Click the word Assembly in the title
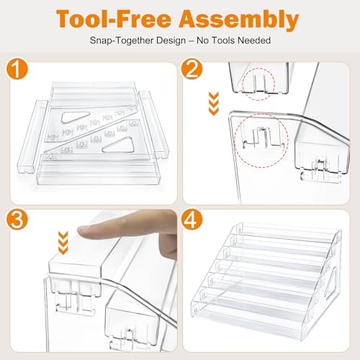[239, 19]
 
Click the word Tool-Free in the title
[114, 19]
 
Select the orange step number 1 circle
[17, 69]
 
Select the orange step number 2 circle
[192, 69]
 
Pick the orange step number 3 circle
[17, 220]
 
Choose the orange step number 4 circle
[192, 220]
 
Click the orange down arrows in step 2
[214, 104]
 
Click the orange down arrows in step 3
[63, 243]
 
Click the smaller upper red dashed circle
[258, 84]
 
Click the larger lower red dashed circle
[261, 141]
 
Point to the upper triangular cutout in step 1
[75, 117]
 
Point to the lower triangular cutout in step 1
[118, 145]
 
